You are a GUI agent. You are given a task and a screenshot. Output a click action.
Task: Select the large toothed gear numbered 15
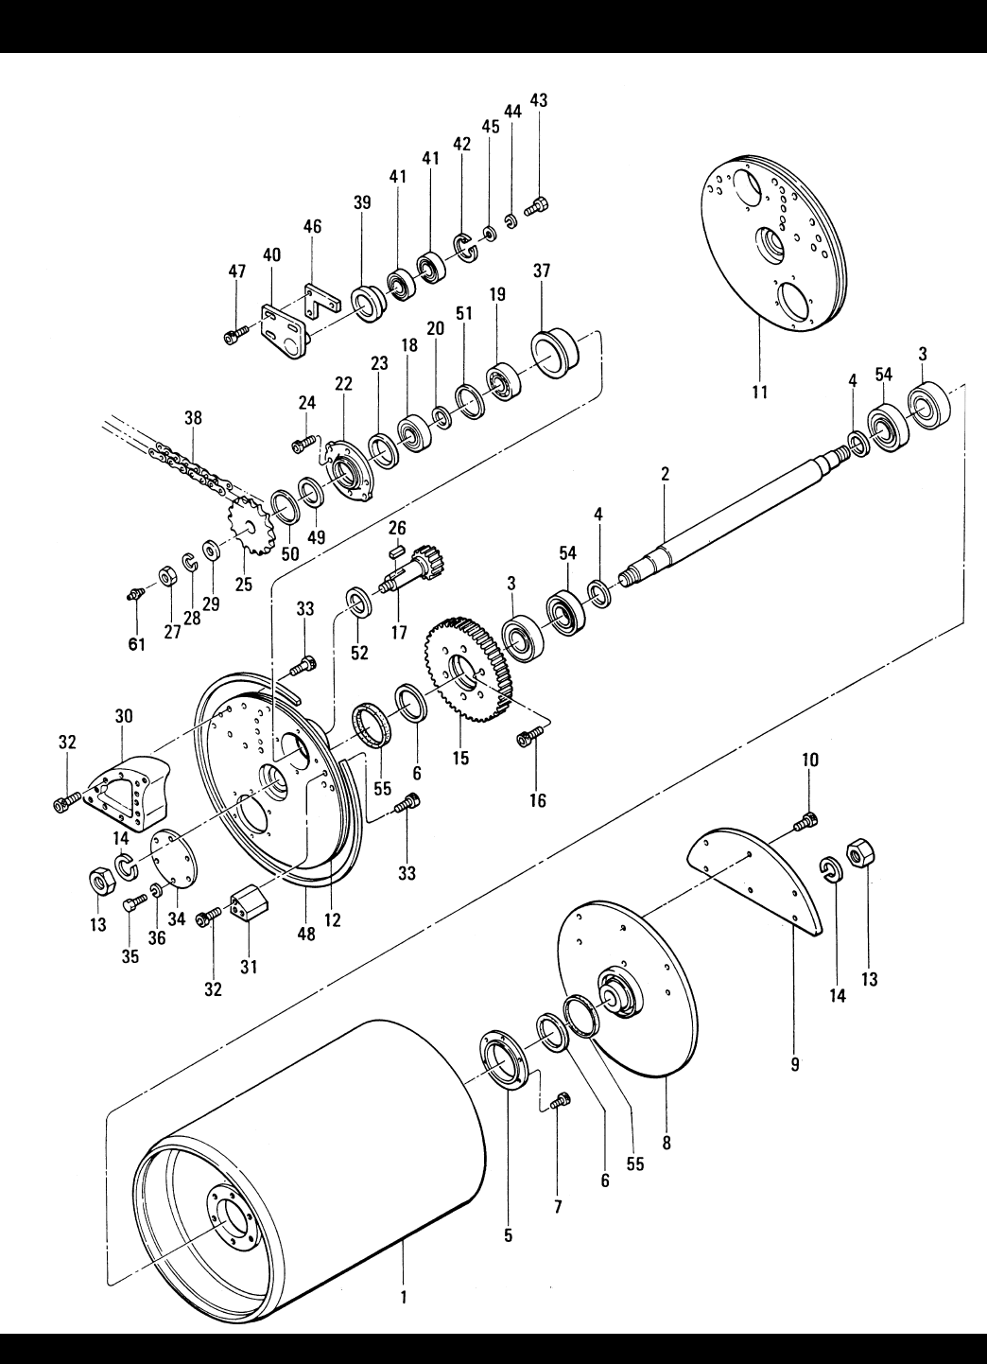click(472, 669)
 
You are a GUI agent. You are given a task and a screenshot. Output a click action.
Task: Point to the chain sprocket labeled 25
click(248, 525)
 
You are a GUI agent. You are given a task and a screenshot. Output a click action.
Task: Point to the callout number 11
click(759, 391)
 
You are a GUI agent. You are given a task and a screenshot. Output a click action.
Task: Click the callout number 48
click(306, 934)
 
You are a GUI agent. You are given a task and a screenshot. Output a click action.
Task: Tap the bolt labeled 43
click(536, 208)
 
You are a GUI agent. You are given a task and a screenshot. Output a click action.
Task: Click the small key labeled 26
click(397, 551)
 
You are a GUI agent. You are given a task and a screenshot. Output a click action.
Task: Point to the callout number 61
click(137, 644)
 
